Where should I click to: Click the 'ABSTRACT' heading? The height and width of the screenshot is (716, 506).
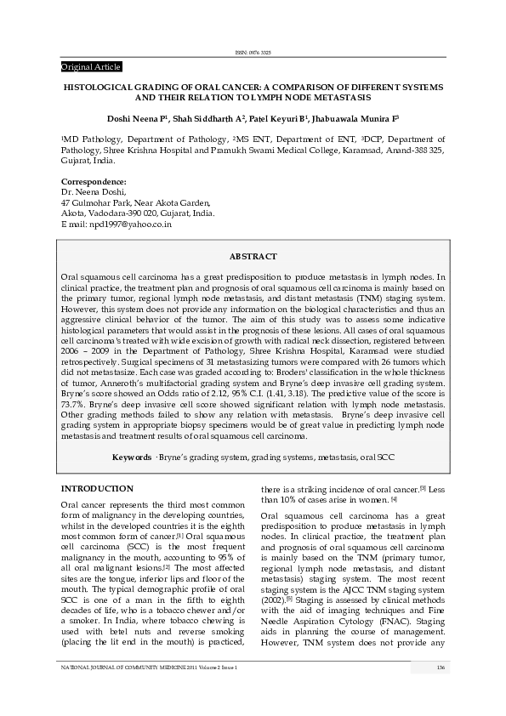pyautogui.click(x=253, y=256)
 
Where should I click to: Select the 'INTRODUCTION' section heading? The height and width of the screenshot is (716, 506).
pyautogui.click(x=97, y=489)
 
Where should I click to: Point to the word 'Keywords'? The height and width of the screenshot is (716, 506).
pyautogui.click(x=132, y=457)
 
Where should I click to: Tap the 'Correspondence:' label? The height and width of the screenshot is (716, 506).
pyautogui.click(x=94, y=182)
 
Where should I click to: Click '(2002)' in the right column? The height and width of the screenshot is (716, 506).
pyautogui.click(x=274, y=599)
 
